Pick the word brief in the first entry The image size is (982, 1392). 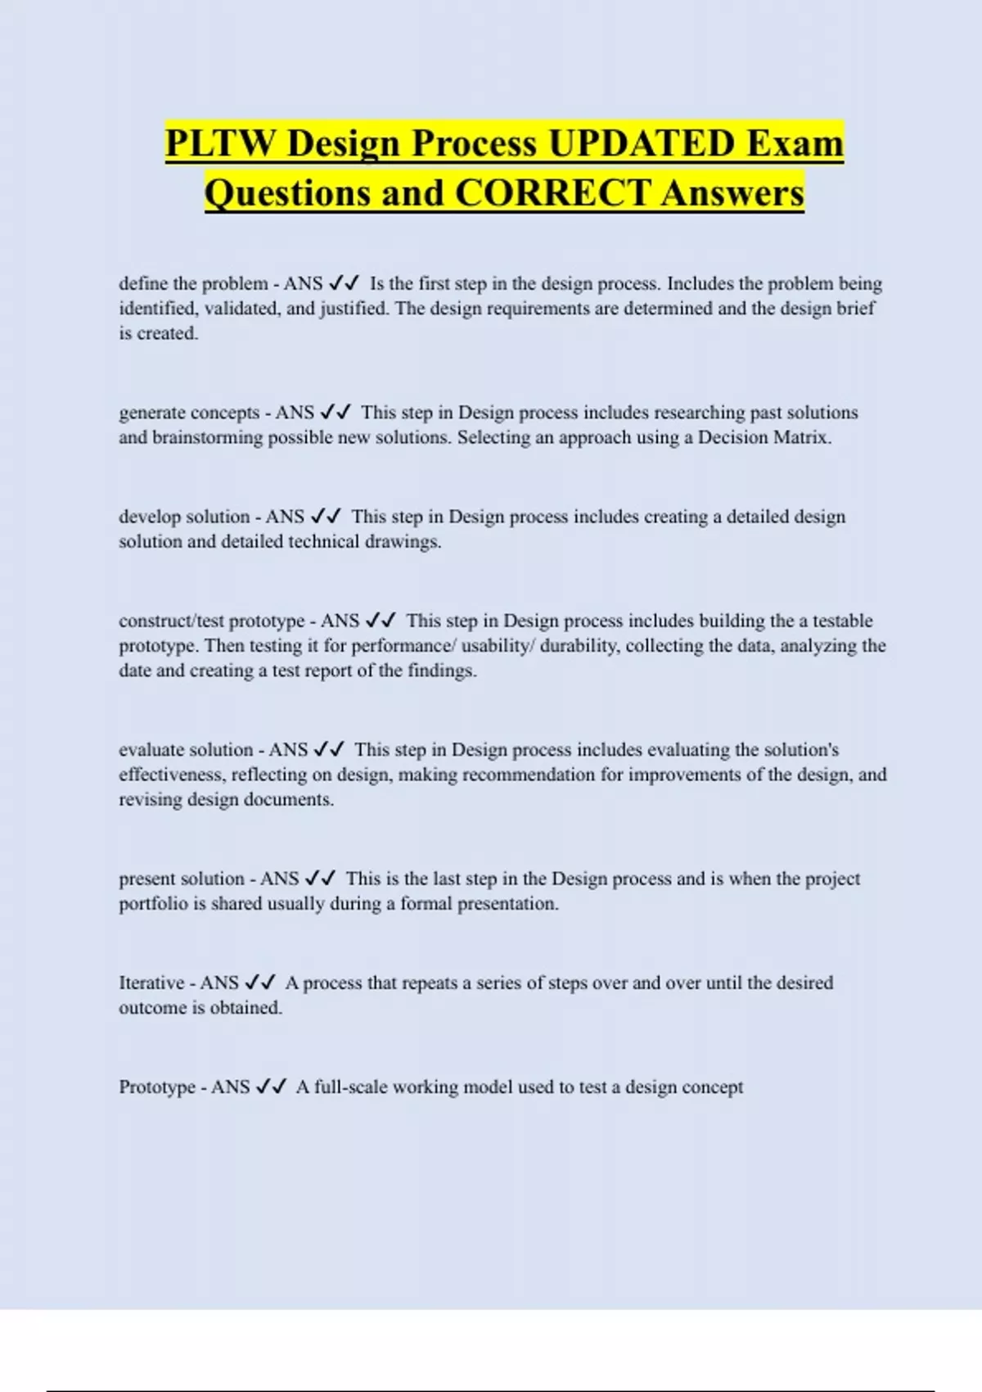coord(856,309)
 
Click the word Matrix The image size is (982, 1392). coord(804,437)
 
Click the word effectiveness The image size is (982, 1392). coord(172,775)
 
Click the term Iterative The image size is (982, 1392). coord(151,983)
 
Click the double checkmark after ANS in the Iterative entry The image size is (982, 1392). coord(260,983)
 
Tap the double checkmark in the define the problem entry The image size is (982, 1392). coord(344,284)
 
